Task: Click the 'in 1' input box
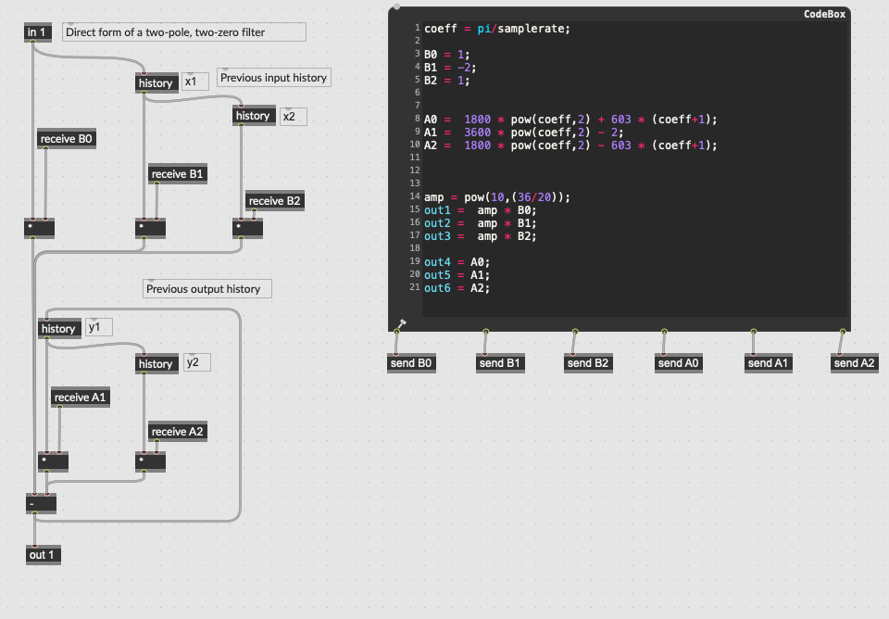click(38, 32)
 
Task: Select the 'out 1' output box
click(44, 555)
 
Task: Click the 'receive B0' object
click(67, 139)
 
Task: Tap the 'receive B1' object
click(178, 174)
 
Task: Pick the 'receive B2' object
click(274, 201)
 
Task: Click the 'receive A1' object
click(81, 398)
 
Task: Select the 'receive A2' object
click(178, 432)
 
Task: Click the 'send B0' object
click(411, 363)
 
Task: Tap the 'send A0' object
click(679, 363)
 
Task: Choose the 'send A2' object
click(855, 363)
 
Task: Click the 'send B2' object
click(588, 363)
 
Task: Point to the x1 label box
click(195, 82)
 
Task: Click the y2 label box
click(197, 362)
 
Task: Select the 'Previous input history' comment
click(274, 78)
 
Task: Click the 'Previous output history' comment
click(207, 289)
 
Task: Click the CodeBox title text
click(824, 14)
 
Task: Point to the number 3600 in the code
click(478, 133)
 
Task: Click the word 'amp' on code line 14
click(433, 198)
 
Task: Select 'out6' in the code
click(437, 288)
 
